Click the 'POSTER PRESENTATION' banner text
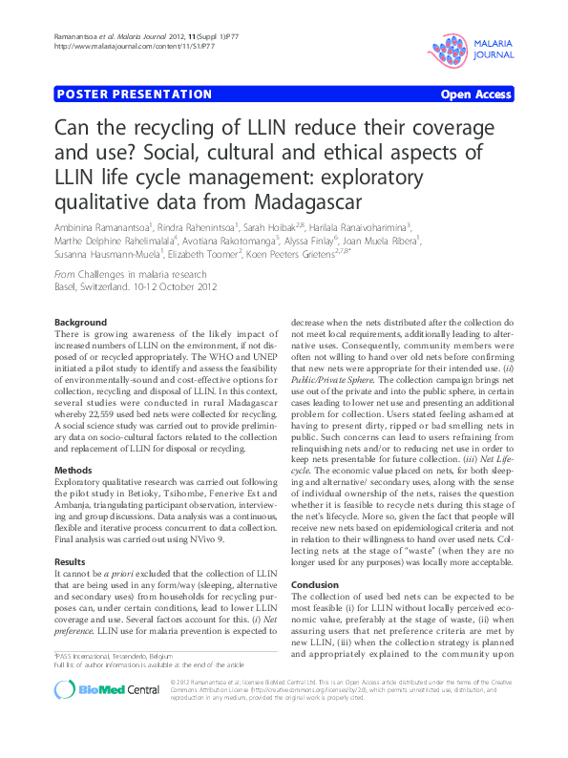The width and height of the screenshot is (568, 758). pos(135,95)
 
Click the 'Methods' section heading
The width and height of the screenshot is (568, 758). pos(74,472)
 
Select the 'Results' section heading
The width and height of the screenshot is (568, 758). pos(72,562)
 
